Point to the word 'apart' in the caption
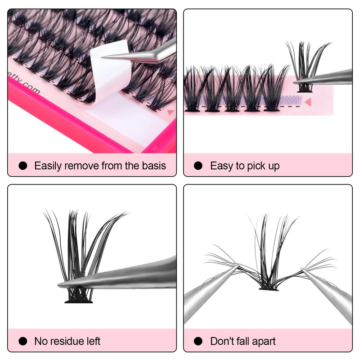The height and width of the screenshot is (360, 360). [263, 341]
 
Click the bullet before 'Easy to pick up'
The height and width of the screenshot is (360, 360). [198, 166]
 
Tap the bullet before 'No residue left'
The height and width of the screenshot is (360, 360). [22, 341]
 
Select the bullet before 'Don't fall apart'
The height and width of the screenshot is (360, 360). [198, 341]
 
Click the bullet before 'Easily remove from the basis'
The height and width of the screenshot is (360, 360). [22, 166]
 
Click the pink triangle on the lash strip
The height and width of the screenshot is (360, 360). [308, 102]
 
